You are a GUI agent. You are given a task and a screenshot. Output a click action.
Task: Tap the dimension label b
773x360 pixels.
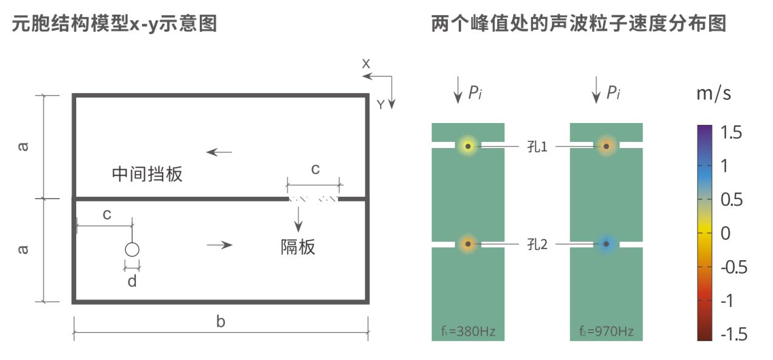pos(221,322)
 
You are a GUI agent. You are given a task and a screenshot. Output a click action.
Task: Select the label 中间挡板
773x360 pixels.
pos(147,174)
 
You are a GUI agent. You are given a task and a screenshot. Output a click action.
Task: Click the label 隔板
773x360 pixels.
pos(298,247)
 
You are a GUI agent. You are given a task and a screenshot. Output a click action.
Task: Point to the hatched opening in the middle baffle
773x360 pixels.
pos(313,199)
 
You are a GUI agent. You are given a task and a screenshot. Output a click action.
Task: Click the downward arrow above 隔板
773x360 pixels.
pos(298,219)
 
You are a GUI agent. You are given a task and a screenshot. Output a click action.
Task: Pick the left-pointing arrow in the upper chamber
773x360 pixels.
pos(219,152)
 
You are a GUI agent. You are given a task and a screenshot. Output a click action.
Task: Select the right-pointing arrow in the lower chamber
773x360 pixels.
pos(219,245)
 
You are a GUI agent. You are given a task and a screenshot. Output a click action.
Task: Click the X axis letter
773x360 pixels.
pos(366,64)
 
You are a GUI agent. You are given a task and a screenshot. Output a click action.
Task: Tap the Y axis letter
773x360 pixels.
pos(380,105)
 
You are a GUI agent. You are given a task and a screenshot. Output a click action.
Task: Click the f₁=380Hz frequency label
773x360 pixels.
pos(468,331)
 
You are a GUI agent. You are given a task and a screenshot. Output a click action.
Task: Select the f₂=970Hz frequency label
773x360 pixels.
pos(606,331)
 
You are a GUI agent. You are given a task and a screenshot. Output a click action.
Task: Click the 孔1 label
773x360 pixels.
pos(537,147)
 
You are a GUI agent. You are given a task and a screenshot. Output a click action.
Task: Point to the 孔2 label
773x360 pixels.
pos(537,244)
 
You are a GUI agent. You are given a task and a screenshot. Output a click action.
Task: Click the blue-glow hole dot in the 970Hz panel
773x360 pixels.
pos(606,244)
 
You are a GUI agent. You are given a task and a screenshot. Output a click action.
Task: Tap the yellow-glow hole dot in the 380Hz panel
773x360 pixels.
pos(468,146)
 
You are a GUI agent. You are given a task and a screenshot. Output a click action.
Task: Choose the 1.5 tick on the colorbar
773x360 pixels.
pos(731,132)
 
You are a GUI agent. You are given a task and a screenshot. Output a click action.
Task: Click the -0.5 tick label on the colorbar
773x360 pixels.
pos(734,267)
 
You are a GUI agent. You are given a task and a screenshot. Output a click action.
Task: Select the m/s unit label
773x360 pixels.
pos(714,93)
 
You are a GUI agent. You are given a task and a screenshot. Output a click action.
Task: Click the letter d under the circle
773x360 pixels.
pos(132,281)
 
